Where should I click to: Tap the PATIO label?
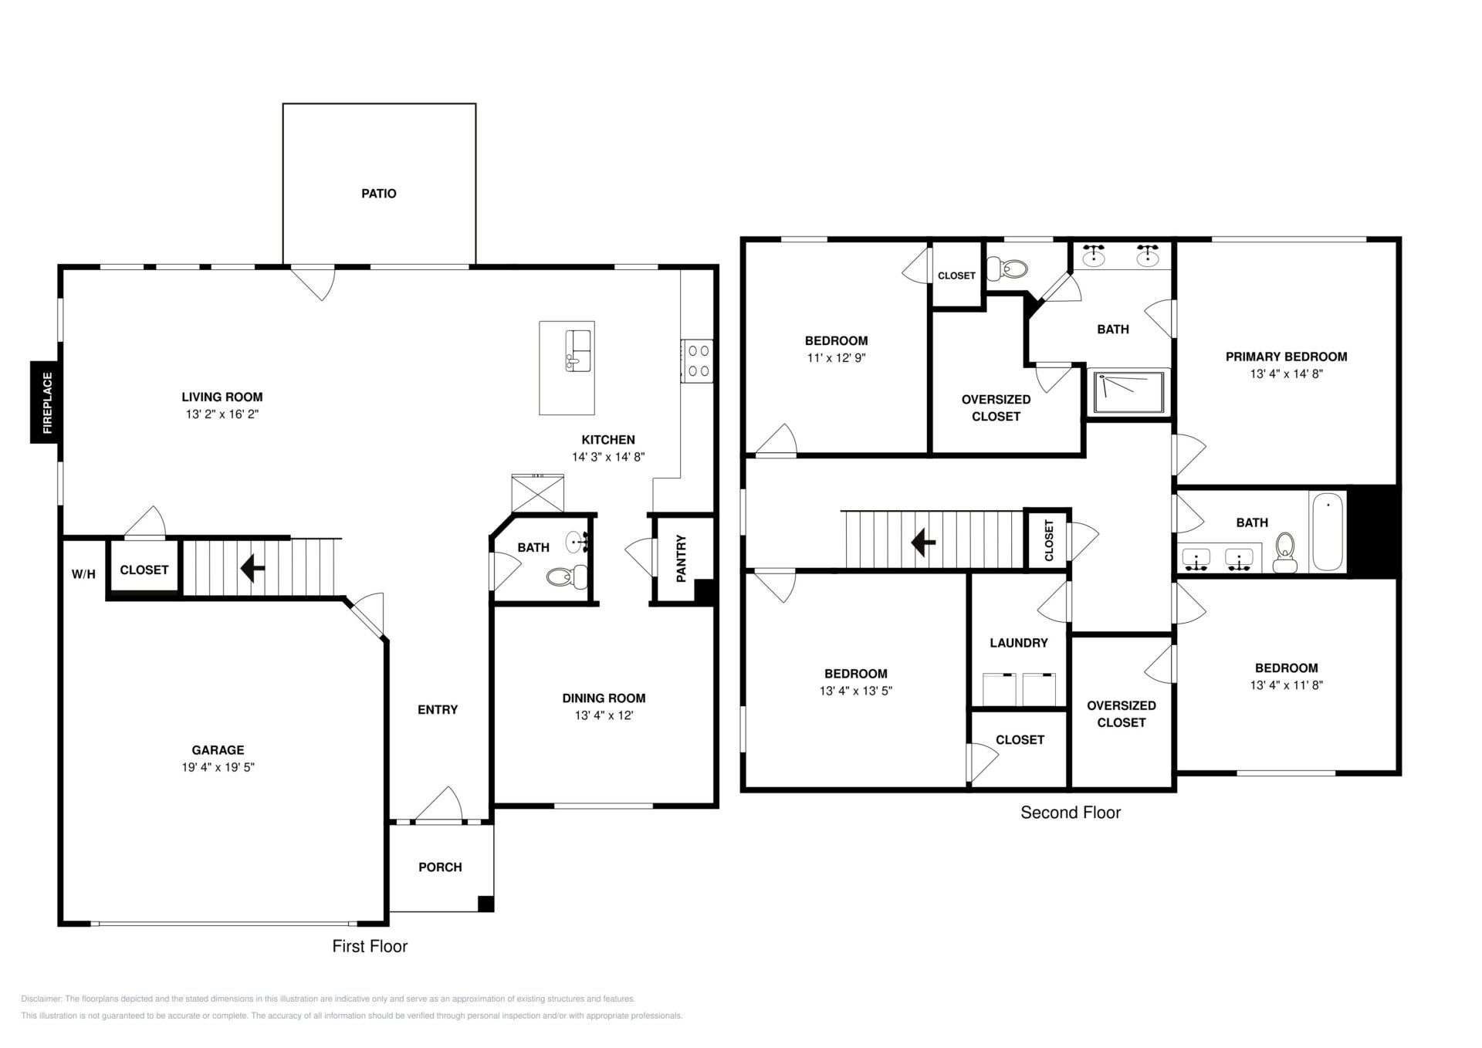pyautogui.click(x=379, y=194)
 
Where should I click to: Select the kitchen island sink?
pyautogui.click(x=578, y=350)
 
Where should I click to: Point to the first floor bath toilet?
pyautogui.click(x=567, y=575)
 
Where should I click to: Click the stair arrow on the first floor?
pyautogui.click(x=252, y=568)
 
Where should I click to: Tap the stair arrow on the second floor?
pyautogui.click(x=923, y=542)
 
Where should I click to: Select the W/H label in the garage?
pyautogui.click(x=83, y=574)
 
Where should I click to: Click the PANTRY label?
pyautogui.click(x=681, y=559)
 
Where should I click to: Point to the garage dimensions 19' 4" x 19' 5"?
pyautogui.click(x=218, y=767)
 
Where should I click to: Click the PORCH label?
pyautogui.click(x=440, y=867)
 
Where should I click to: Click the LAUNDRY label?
pyautogui.click(x=1019, y=643)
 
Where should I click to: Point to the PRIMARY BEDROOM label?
pyautogui.click(x=1287, y=357)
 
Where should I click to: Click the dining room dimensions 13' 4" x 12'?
pyautogui.click(x=604, y=715)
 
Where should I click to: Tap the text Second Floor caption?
pyautogui.click(x=1071, y=813)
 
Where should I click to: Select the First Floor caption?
pyautogui.click(x=370, y=946)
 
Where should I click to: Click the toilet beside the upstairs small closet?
pyautogui.click(x=1009, y=269)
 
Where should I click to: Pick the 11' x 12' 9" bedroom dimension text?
pyautogui.click(x=836, y=358)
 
